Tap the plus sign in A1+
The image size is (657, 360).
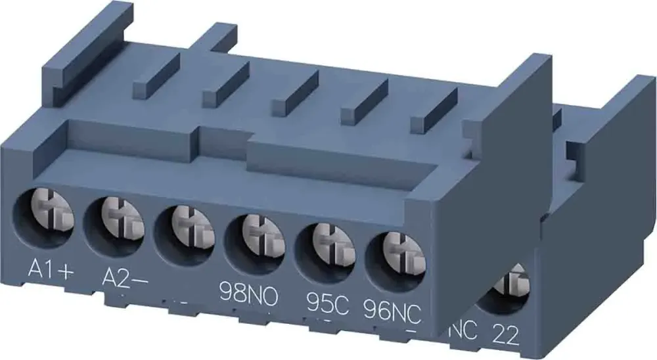coord(63,269)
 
